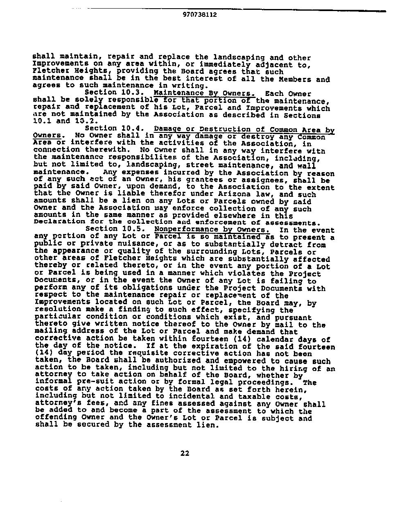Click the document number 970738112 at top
pyautogui.click(x=200, y=15)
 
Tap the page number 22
pyautogui.click(x=185, y=453)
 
